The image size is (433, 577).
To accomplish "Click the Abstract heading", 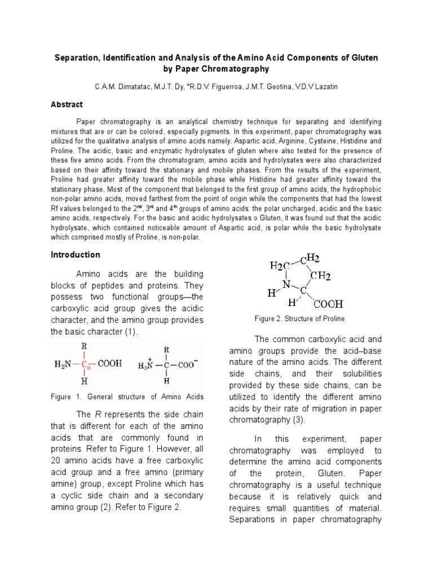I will point(67,104).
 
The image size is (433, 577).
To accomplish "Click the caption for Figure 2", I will point(299,318).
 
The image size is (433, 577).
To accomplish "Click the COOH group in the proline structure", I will point(328,304).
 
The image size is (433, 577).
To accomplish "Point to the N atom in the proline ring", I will point(286,285).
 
